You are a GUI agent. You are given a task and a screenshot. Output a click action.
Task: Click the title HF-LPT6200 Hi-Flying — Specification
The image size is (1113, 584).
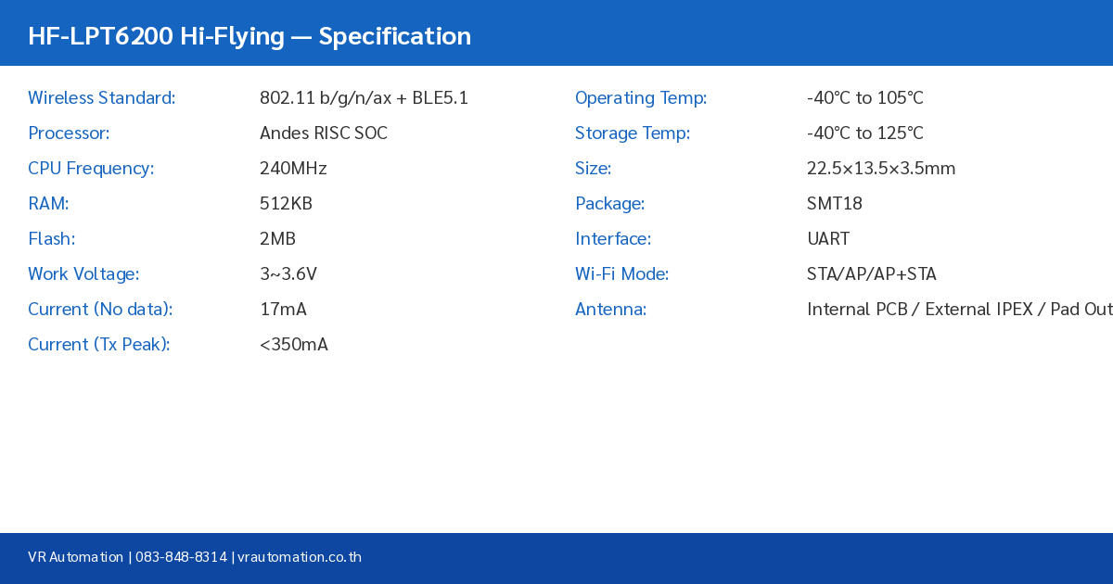pos(249,36)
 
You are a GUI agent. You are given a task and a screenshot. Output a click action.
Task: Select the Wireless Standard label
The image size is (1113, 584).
pos(101,98)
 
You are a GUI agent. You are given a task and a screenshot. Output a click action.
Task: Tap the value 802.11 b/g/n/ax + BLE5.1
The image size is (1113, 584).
pos(364,98)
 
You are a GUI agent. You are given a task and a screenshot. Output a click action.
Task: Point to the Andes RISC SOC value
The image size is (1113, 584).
pos(323,133)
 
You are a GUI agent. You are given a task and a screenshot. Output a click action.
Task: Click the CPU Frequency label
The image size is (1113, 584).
pos(91,169)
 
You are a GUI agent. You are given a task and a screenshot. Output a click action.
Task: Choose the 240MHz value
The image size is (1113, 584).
pos(293,169)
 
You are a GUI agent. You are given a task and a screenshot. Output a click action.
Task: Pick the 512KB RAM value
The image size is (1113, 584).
pos(286,204)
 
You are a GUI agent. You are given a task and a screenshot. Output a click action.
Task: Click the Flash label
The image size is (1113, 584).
pos(51,239)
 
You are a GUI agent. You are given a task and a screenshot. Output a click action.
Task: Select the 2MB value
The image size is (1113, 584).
pos(277,239)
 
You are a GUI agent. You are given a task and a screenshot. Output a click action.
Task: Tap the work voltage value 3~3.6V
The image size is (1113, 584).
pos(288,274)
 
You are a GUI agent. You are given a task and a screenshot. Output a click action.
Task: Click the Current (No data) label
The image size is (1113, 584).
pos(100,310)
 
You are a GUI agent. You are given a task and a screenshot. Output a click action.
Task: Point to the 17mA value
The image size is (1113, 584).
pos(283,310)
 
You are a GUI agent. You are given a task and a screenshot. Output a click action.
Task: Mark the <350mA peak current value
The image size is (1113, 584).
pos(294,345)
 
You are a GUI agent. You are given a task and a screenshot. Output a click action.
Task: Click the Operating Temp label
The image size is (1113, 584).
pos(641,98)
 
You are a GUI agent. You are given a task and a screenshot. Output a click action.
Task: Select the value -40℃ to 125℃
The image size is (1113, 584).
pos(864,133)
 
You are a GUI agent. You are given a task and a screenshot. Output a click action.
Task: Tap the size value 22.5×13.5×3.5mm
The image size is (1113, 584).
pos(881,169)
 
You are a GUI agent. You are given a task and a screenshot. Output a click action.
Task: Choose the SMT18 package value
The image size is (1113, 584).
pos(835,204)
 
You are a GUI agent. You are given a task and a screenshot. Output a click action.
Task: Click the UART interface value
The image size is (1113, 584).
pos(828,239)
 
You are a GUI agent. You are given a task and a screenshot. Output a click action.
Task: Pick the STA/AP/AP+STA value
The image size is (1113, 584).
pos(872,274)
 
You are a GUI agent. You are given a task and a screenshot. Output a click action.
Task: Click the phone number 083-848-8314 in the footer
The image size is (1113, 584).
pos(181,557)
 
